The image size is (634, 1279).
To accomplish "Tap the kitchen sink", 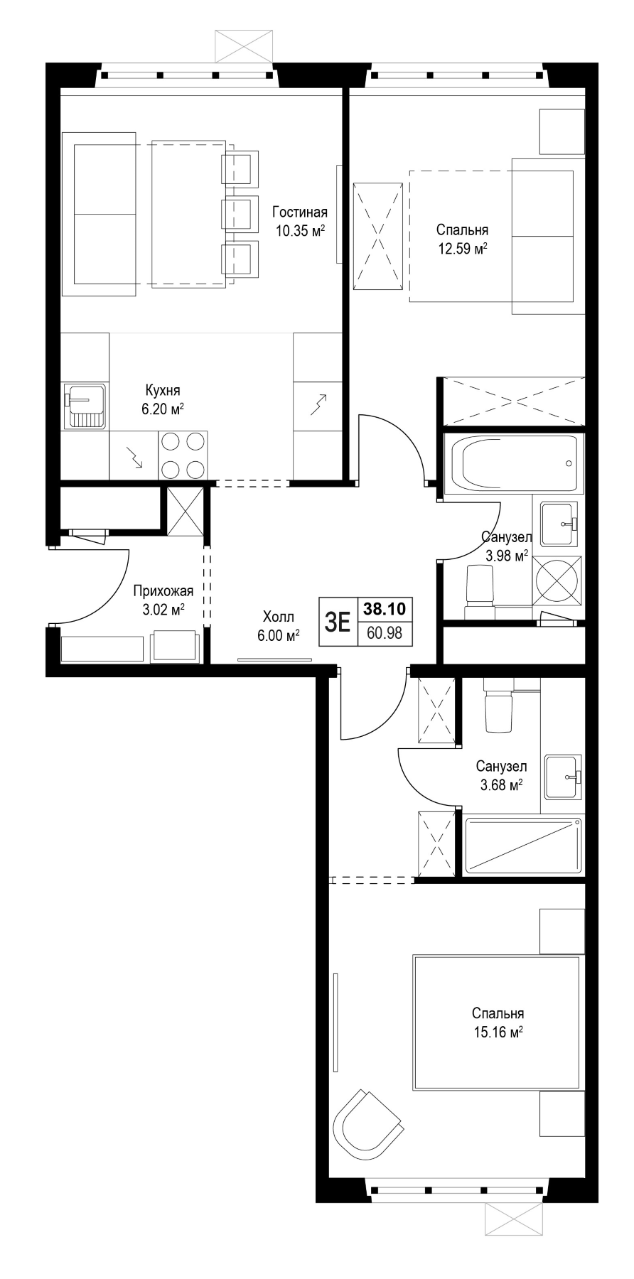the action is coord(85,406).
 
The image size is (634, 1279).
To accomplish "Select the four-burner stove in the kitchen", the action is coord(183,455).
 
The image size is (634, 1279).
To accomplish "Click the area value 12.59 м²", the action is coord(462,248).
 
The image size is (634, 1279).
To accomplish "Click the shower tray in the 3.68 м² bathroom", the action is coord(523,846).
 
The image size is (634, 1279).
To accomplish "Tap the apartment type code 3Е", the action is coord(338,622).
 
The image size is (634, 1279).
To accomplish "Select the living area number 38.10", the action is coord(385,609).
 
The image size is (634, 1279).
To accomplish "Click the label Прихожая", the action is coord(163,590).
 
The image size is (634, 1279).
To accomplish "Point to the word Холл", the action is coord(279,617).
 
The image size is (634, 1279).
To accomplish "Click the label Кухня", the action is coord(163,390).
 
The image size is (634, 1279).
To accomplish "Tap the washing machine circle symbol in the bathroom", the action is coord(557,581).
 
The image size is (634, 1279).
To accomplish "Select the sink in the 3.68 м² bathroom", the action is coord(564,777).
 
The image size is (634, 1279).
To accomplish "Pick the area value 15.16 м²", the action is coord(498,1032).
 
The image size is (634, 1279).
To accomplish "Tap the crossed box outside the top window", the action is coord(245,47).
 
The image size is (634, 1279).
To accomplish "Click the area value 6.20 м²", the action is coord(163,409).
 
